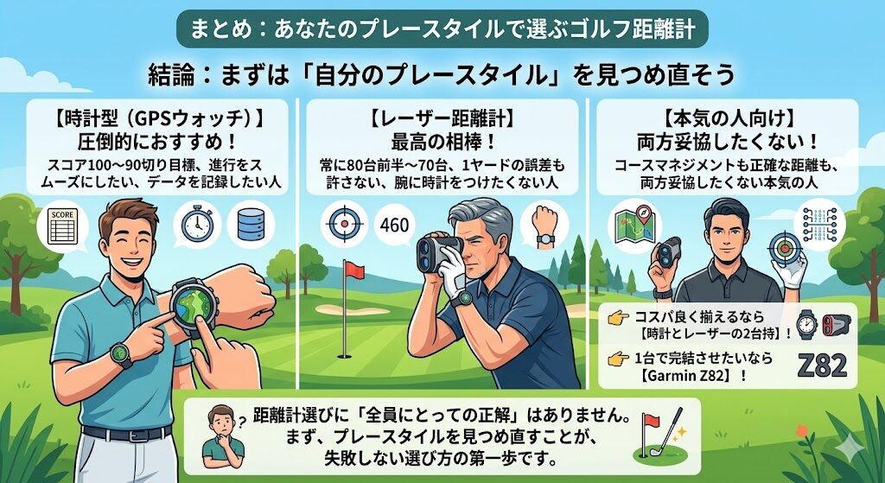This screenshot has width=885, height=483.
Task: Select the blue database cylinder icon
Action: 251,225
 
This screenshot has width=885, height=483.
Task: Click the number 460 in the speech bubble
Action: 394,226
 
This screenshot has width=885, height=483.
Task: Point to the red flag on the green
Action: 354,270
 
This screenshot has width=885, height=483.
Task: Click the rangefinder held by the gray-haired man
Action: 439,253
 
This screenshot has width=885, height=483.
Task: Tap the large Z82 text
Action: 823,365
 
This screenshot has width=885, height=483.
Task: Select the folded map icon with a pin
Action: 632,224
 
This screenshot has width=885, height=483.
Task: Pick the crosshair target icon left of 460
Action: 344,224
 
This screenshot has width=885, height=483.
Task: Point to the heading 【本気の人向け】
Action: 729,119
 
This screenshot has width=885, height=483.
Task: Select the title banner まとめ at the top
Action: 442,29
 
